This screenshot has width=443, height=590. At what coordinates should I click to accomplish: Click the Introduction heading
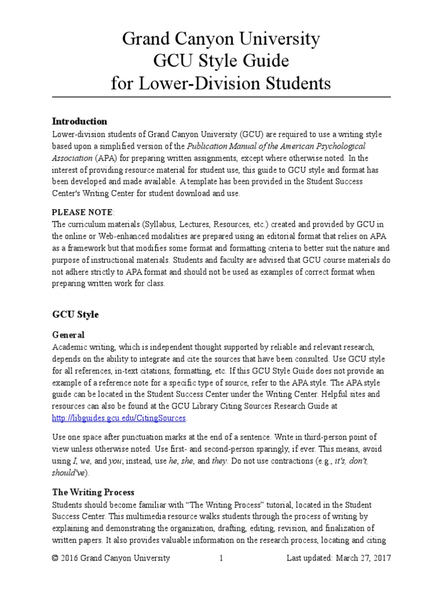80,122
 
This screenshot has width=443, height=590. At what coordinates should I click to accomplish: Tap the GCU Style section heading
75,315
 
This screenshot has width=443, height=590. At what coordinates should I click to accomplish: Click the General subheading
68,335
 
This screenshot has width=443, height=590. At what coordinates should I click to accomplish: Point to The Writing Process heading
93,492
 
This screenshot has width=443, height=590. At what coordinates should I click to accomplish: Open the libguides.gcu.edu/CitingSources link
119,418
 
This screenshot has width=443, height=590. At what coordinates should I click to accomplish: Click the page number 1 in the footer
221,558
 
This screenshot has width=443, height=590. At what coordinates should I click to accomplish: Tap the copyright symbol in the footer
55,558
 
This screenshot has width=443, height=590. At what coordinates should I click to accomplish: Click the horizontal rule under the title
221,97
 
